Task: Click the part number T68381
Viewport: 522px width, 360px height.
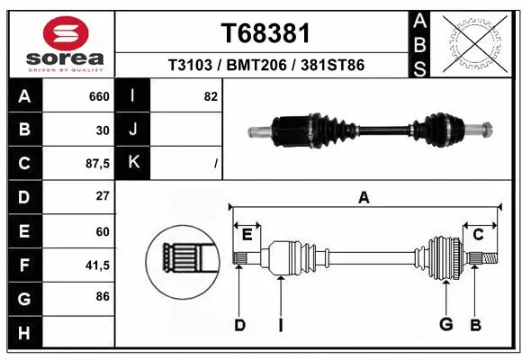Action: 265,33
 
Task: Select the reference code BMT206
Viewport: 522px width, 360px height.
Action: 265,66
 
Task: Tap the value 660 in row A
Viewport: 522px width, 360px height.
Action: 99,95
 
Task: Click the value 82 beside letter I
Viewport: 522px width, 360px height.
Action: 211,95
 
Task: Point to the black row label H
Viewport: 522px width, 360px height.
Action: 23,333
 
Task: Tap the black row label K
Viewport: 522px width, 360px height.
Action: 133,163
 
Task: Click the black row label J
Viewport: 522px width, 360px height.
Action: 133,130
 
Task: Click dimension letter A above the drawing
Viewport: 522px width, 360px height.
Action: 364,198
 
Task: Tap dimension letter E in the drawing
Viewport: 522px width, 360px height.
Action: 247,234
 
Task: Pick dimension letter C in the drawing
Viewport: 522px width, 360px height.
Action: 479,235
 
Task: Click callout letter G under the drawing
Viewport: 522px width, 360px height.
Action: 445,325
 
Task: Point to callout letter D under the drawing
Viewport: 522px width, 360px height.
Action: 240,325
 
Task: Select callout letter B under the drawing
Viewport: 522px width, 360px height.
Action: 476,325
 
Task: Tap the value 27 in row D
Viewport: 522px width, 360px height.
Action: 102,196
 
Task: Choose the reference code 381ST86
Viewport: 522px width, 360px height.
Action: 333,66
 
